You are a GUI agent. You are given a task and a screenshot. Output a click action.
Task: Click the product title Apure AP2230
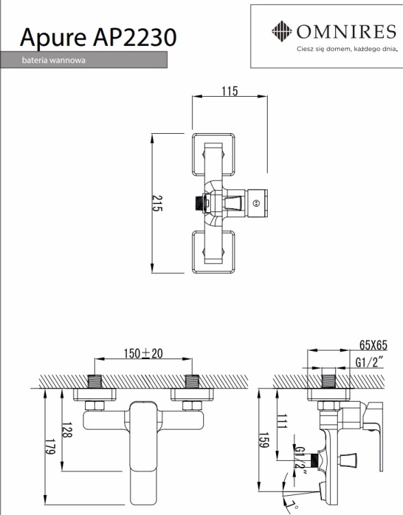pos(98,38)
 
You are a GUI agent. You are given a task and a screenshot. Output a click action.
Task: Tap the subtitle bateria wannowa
pos(54,60)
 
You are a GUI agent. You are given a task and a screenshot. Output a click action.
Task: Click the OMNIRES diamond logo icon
pos(281,32)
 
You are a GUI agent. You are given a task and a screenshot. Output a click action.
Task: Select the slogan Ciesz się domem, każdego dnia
pos(347,49)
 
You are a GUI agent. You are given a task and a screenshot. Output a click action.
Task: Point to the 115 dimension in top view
pos(229,91)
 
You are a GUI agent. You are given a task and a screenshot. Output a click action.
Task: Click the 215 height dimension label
pos(157,204)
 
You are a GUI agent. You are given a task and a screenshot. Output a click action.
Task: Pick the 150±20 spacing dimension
pos(143,354)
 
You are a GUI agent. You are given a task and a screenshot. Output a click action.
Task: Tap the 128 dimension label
pos(67,430)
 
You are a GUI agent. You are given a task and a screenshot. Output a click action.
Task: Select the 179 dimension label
pos(50,447)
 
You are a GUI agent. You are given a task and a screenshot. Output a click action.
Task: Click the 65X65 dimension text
pos(373,345)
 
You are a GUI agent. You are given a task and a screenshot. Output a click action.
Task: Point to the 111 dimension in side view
pos(282,422)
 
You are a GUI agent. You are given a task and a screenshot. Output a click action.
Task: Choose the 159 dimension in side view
pos(264,439)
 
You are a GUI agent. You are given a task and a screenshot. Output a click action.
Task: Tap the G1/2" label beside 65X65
pos(370,363)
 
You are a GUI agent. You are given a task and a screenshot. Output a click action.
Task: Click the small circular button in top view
pos(257,203)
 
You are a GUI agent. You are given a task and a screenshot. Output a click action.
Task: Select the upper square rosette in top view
pos(214,154)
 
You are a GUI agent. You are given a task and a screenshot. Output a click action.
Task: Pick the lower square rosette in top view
pos(214,252)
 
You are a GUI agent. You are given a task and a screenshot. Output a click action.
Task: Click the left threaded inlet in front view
pos(95,381)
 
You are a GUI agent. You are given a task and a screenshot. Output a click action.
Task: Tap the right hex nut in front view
pos(192,406)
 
